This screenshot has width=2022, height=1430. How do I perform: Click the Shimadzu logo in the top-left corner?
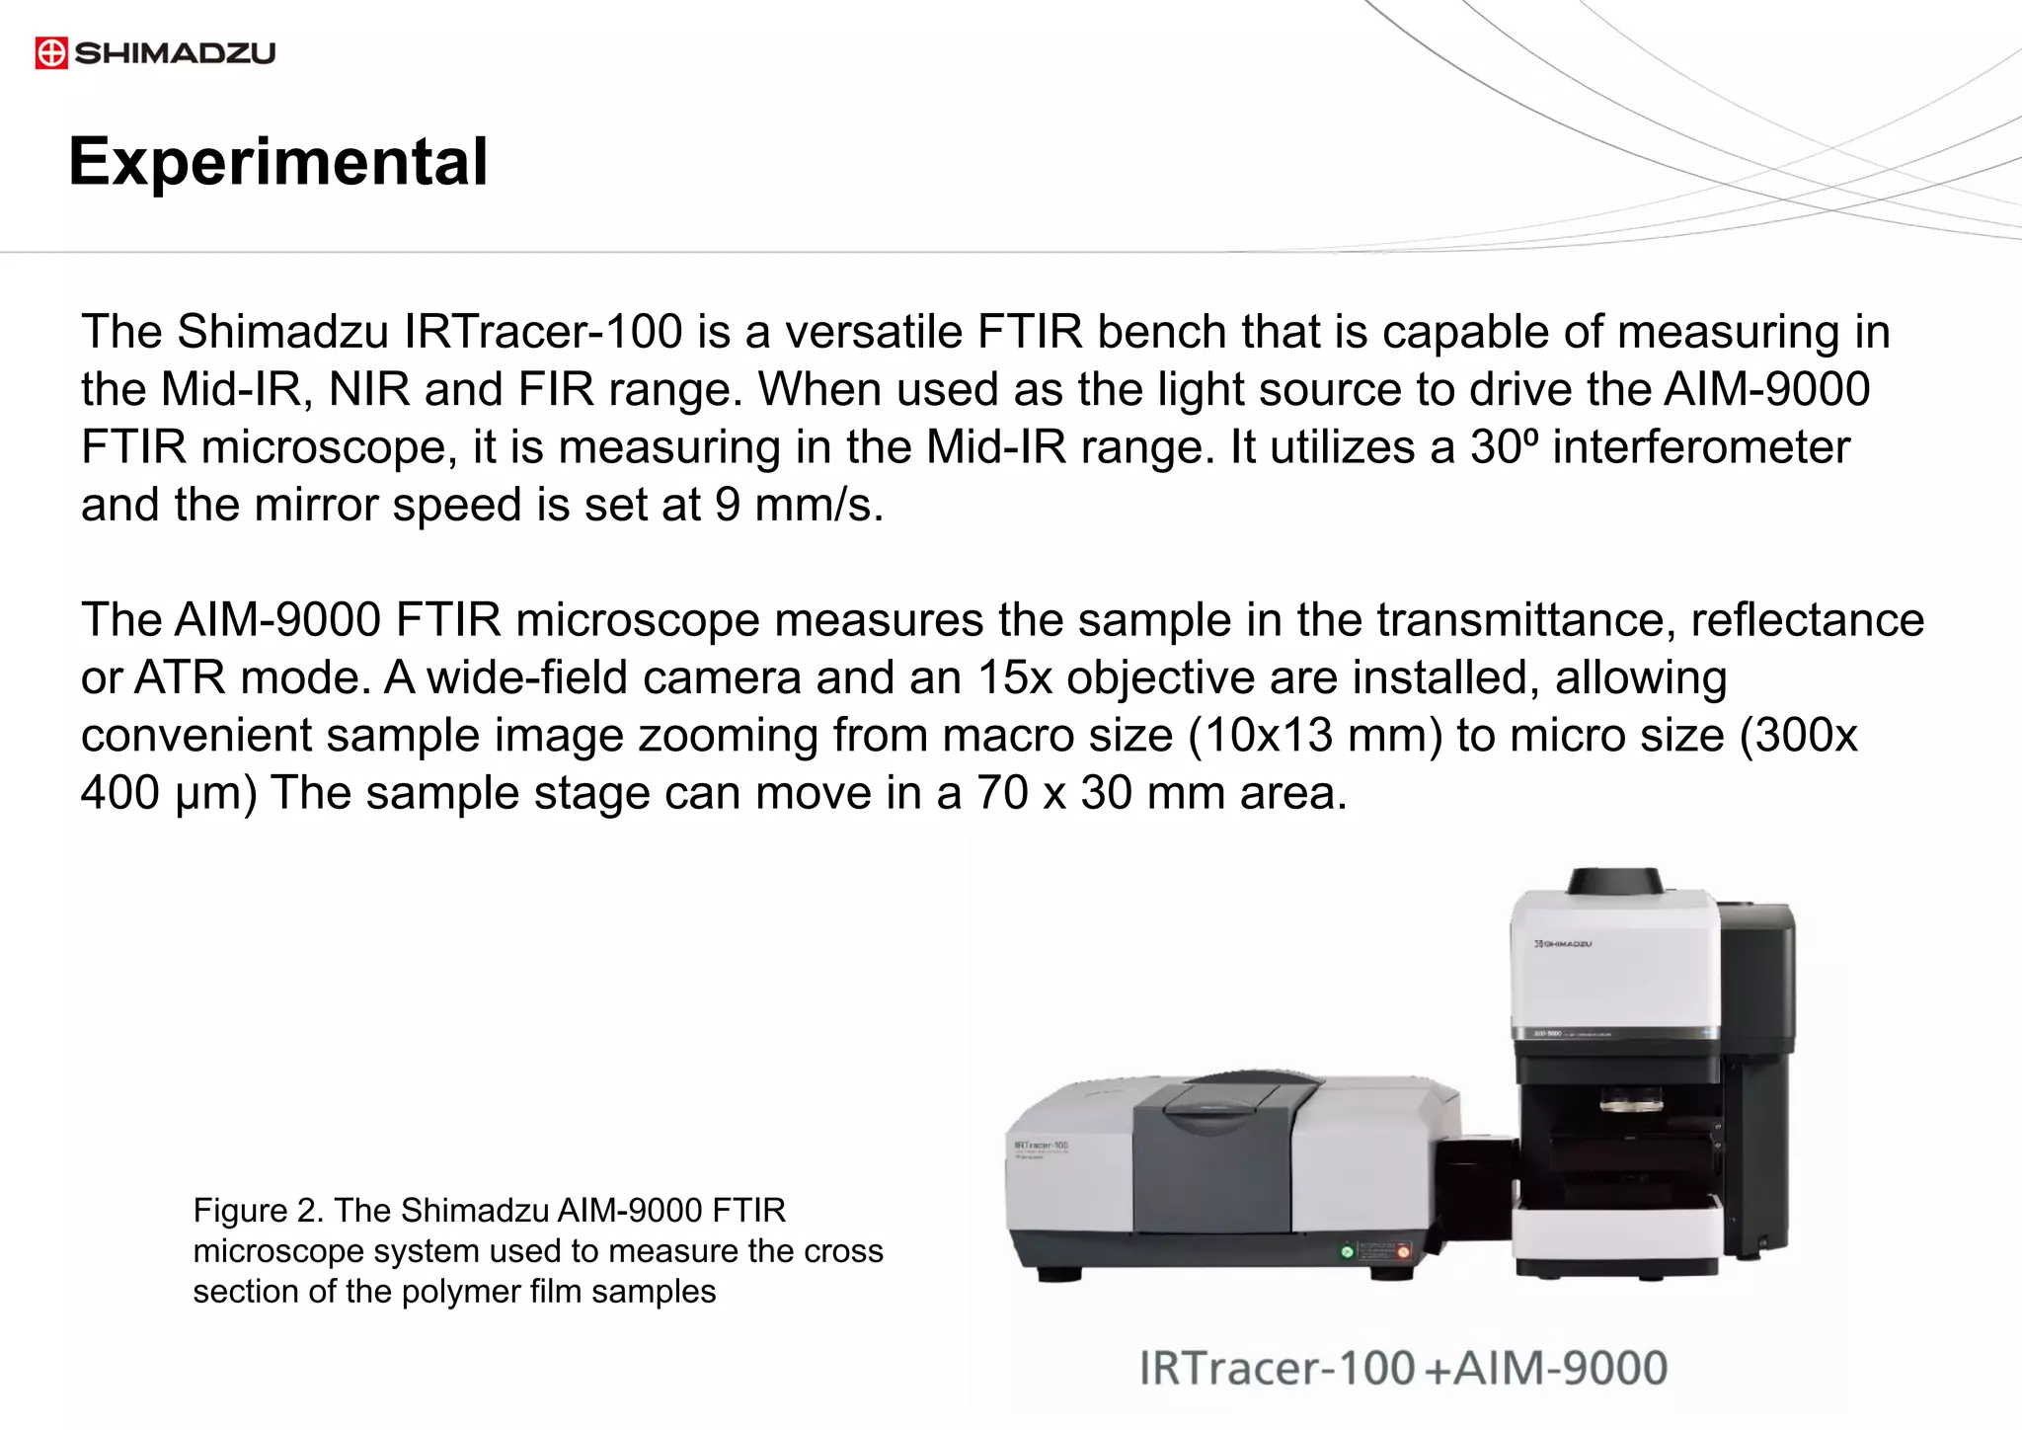pos(155,52)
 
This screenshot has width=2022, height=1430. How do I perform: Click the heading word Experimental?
pos(278,161)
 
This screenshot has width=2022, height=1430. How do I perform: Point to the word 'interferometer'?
pos(1700,447)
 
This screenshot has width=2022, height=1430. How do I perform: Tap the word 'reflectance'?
pos(1807,620)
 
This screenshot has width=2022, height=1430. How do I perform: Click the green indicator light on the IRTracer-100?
pos(1347,1251)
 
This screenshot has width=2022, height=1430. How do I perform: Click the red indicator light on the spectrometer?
pos(1403,1251)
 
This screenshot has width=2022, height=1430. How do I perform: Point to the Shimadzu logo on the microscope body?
pos(1563,944)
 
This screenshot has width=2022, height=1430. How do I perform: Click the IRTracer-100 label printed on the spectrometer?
pos(1041,1146)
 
